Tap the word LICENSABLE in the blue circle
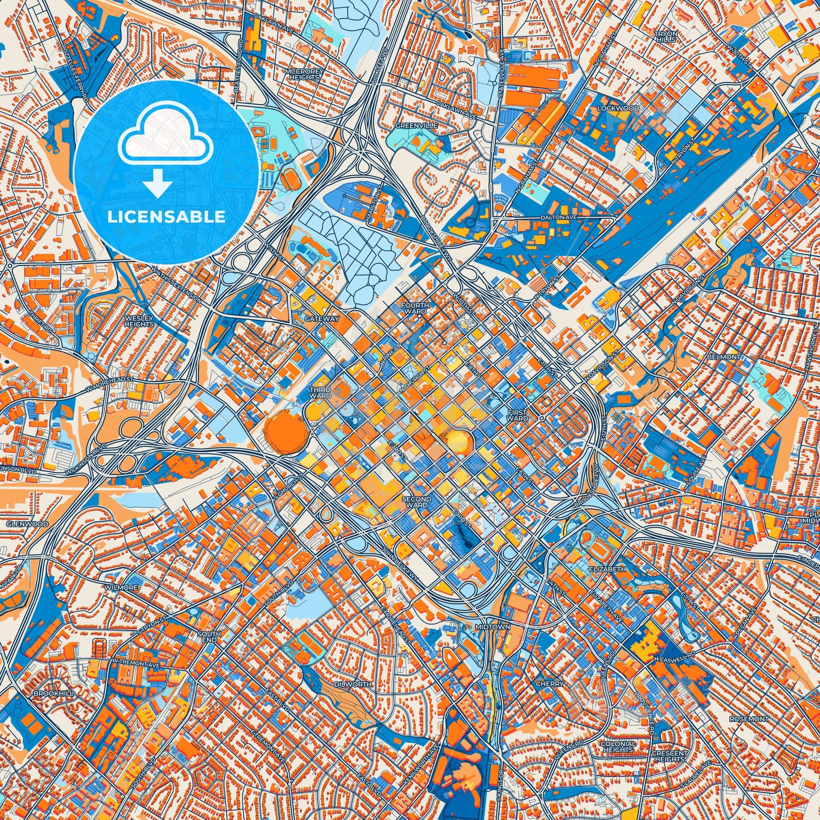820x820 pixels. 166,217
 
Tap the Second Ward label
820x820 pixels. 418,502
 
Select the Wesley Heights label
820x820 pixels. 139,321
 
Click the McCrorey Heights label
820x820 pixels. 302,75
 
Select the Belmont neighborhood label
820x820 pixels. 729,357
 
